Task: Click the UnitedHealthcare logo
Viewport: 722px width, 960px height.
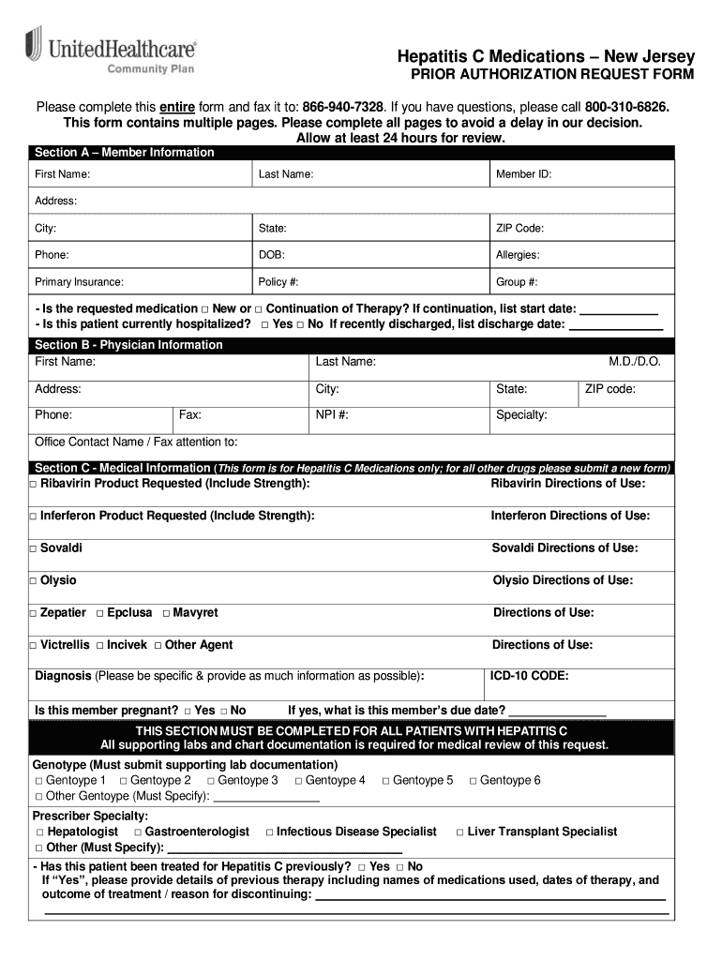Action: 111,52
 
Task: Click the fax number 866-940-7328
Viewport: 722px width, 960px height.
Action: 342,107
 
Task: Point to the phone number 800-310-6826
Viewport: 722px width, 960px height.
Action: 627,107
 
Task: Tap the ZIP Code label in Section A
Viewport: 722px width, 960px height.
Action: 519,228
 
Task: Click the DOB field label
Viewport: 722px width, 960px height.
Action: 272,255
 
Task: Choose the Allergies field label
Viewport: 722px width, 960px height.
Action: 518,255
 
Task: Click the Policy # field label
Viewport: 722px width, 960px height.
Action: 278,282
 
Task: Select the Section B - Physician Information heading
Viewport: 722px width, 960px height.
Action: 128,345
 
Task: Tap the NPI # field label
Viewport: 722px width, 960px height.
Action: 332,415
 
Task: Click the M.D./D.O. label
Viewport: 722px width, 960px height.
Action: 635,362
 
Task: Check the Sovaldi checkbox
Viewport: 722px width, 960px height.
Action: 33,548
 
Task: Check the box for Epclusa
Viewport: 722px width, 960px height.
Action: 100,613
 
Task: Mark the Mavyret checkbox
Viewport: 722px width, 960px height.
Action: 166,613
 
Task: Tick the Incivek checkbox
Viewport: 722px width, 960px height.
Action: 100,646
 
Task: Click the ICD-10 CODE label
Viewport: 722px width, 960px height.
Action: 530,675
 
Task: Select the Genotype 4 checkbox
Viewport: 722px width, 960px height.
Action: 298,781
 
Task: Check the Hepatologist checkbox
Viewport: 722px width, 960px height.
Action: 39,832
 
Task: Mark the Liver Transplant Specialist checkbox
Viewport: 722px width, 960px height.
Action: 459,832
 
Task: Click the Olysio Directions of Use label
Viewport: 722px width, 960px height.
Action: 563,580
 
